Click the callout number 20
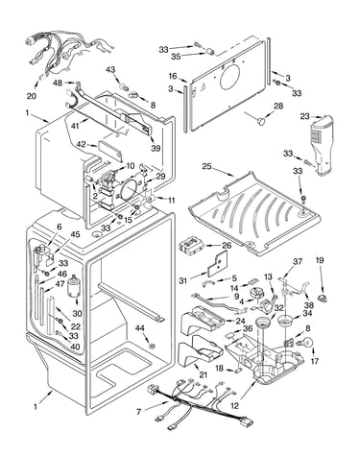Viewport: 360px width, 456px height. coord(32,96)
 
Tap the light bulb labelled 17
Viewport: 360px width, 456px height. coord(306,342)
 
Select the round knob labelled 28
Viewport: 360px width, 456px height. coord(261,121)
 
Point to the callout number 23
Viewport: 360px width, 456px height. coord(304,117)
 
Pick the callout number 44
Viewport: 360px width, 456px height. coord(139,328)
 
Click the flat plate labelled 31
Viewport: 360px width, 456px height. coord(218,264)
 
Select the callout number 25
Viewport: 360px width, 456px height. coord(207,166)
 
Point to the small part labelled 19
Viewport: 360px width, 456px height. coord(322,298)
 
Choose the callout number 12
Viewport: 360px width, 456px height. coord(234,406)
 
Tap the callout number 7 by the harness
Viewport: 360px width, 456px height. coord(138,412)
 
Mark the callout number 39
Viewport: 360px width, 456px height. coord(156,149)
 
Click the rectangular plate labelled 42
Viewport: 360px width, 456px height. coord(110,149)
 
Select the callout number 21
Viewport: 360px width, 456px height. coord(204,374)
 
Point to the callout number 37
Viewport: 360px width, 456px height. coord(298,261)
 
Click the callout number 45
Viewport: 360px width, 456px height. coord(75,234)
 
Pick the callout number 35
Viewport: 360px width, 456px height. coord(176,57)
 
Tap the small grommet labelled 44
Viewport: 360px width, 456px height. coord(153,346)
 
